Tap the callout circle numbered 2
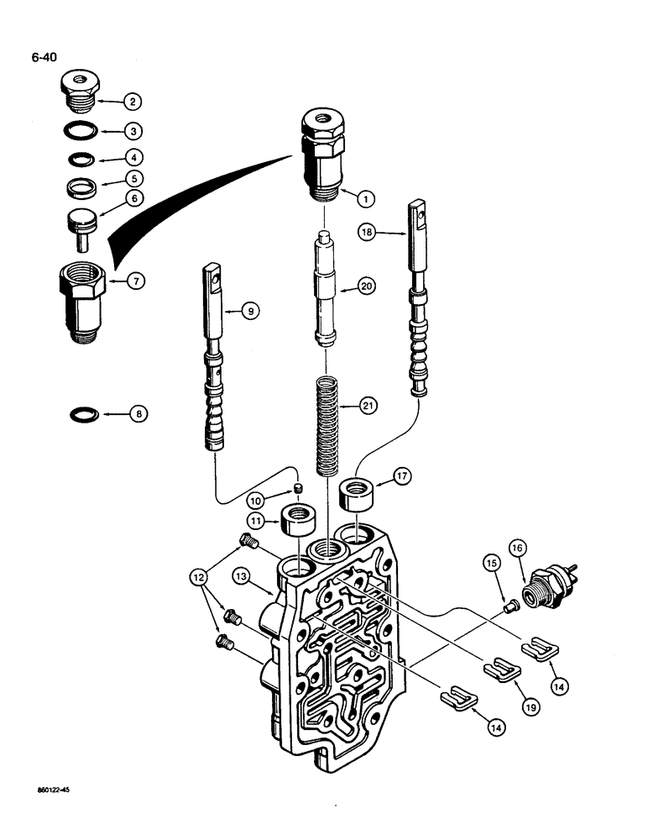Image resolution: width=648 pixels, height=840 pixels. pyautogui.click(x=132, y=102)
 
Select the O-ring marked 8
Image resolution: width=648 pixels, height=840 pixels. pyautogui.click(x=82, y=413)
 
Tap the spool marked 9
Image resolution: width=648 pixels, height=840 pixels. pyautogui.click(x=214, y=361)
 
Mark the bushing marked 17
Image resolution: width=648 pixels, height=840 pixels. pyautogui.click(x=357, y=493)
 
